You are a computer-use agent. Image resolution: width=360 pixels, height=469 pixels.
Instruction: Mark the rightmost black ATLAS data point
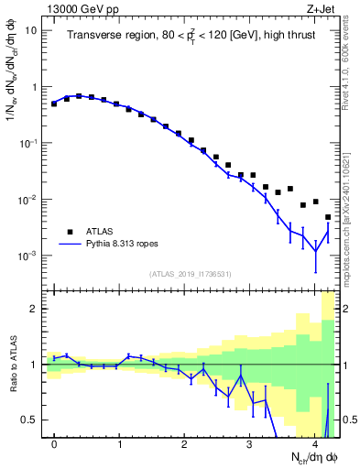coord(328,217)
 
